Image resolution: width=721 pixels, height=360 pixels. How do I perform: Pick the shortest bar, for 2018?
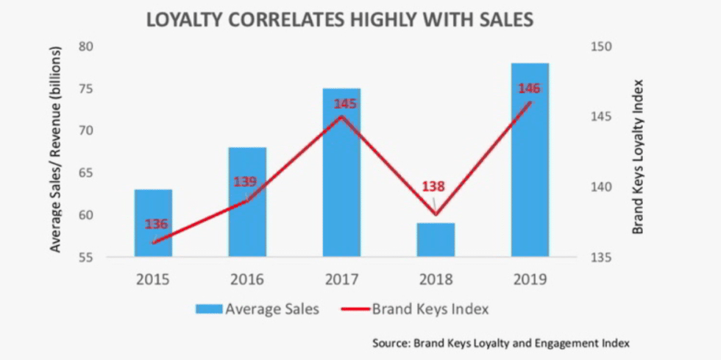pyautogui.click(x=436, y=240)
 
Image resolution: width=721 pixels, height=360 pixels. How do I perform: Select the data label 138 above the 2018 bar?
pyautogui.click(x=433, y=187)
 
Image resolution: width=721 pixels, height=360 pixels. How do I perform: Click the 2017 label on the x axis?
pyautogui.click(x=341, y=280)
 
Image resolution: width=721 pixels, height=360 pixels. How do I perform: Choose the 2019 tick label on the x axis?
pyautogui.click(x=530, y=280)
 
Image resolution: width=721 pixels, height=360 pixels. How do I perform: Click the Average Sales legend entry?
pyautogui.click(x=257, y=309)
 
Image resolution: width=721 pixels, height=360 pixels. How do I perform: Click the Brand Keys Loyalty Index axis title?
pyautogui.click(x=638, y=156)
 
